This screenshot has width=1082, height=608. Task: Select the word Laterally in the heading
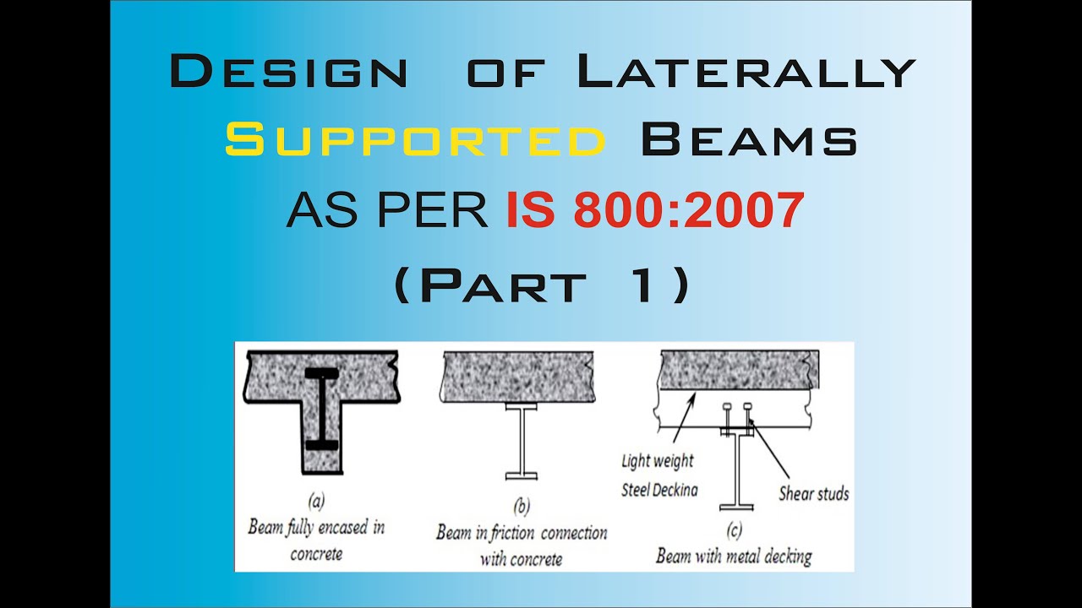tap(746, 73)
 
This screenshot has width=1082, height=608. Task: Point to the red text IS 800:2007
tap(655, 211)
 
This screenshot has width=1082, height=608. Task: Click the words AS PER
tap(387, 211)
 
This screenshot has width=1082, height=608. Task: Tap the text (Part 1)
tap(542, 285)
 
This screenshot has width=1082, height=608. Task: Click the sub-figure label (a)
tap(316, 502)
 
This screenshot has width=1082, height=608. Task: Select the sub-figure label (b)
tap(522, 507)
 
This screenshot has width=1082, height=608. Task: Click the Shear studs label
tap(813, 493)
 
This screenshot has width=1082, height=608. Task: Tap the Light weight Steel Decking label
tap(658, 475)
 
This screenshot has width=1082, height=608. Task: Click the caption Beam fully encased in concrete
tap(316, 540)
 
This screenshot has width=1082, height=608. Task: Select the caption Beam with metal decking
tap(733, 556)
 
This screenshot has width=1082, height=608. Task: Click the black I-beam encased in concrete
tap(321, 410)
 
